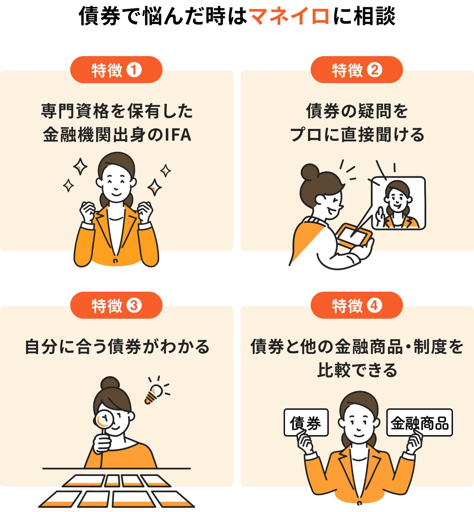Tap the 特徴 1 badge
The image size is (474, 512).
tap(116, 70)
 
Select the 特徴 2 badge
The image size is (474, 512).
tap(357, 70)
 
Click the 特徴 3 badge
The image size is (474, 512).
tap(116, 306)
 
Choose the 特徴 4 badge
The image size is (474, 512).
tap(357, 306)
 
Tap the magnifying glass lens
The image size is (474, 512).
tap(104, 420)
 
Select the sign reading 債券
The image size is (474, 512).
tap(306, 423)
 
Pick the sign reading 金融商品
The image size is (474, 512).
tap(419, 423)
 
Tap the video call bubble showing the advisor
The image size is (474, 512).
tap(398, 203)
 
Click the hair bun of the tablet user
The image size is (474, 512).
tap(309, 172)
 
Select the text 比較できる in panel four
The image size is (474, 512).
tap(357, 370)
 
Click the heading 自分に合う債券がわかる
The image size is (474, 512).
tap(117, 347)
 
